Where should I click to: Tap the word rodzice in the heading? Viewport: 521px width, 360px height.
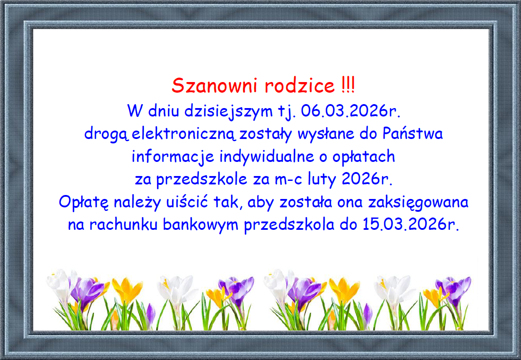pyautogui.click(x=300, y=86)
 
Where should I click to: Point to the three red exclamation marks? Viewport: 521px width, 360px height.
pyautogui.click(x=347, y=85)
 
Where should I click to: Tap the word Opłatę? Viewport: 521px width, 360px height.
pyautogui.click(x=83, y=203)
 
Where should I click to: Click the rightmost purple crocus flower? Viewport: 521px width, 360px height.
pyautogui.click(x=454, y=287)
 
